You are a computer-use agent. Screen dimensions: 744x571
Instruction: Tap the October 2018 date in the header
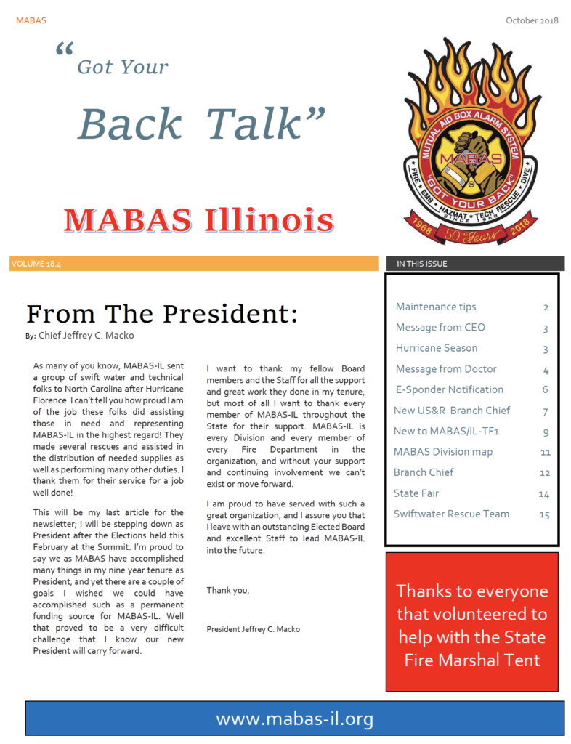click(532, 20)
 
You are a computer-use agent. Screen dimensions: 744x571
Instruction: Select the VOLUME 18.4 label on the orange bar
click(36, 264)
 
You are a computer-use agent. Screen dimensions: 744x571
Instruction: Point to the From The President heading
click(162, 313)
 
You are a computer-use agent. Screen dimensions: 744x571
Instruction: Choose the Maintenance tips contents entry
click(436, 307)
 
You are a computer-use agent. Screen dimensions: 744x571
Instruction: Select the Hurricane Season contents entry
click(437, 348)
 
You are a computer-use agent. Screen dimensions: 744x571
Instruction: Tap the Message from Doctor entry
click(446, 369)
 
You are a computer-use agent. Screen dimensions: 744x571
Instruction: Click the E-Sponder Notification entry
click(449, 389)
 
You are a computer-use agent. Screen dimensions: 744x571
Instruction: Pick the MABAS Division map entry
click(443, 452)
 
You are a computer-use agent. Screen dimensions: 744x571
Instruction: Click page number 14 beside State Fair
click(543, 494)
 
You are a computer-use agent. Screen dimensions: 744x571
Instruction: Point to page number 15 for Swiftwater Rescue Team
click(543, 515)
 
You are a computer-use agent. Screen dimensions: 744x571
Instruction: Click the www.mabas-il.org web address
click(294, 719)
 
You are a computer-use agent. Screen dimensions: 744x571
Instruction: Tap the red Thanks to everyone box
click(471, 624)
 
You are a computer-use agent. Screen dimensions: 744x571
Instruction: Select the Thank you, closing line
click(228, 590)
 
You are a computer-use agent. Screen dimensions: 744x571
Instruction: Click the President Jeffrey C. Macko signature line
click(253, 628)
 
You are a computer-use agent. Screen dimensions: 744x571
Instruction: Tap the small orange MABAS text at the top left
click(31, 20)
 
